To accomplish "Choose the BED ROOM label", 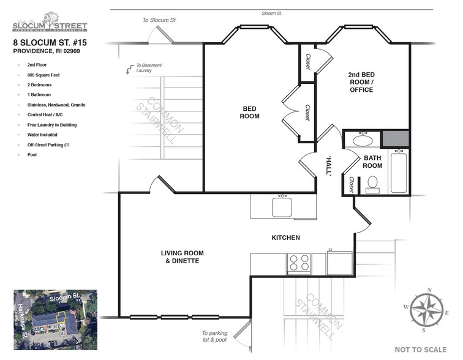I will [x=249, y=112].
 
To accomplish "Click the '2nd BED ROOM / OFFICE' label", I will [x=361, y=81].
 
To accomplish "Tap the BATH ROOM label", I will [x=372, y=162].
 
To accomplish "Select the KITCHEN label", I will [x=285, y=238].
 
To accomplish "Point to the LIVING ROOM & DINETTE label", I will [x=182, y=257].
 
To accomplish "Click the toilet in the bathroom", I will [x=372, y=184].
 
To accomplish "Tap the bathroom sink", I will [x=363, y=140].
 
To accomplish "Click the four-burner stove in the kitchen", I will [x=299, y=263].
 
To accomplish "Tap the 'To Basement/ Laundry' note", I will [x=147, y=68].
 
